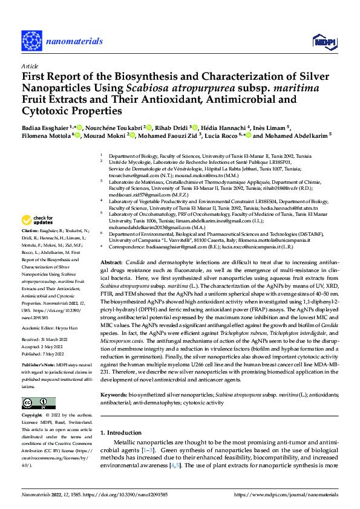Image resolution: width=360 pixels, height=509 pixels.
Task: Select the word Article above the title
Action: (x=30, y=66)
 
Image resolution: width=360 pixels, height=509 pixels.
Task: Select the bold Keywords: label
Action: (x=117, y=394)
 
